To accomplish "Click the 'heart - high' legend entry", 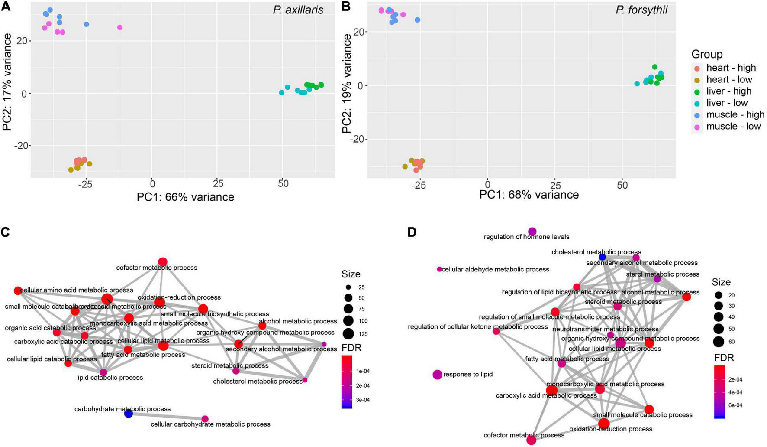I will [x=731, y=68].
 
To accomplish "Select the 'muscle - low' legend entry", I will [x=733, y=127].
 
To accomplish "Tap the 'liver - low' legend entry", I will [x=727, y=103].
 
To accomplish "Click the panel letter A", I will [x=5, y=7].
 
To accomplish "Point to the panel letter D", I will [x=412, y=232].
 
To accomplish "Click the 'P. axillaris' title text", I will [x=298, y=10].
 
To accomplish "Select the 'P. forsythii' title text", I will [x=641, y=10].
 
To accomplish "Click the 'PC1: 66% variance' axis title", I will [x=185, y=197].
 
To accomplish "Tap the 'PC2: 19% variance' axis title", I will [x=347, y=83].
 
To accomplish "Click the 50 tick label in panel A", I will [x=283, y=183].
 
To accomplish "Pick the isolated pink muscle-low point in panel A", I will [x=120, y=28].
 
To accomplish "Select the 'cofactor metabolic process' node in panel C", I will [x=163, y=262].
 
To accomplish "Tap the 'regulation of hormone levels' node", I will [x=532, y=232].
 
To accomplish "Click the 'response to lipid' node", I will [x=437, y=374].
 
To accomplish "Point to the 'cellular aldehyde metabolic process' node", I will [x=439, y=269].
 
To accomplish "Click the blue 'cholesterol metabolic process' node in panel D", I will [x=602, y=257].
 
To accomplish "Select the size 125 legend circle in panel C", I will [x=348, y=334].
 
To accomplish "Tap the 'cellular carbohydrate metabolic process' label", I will [x=210, y=424].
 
